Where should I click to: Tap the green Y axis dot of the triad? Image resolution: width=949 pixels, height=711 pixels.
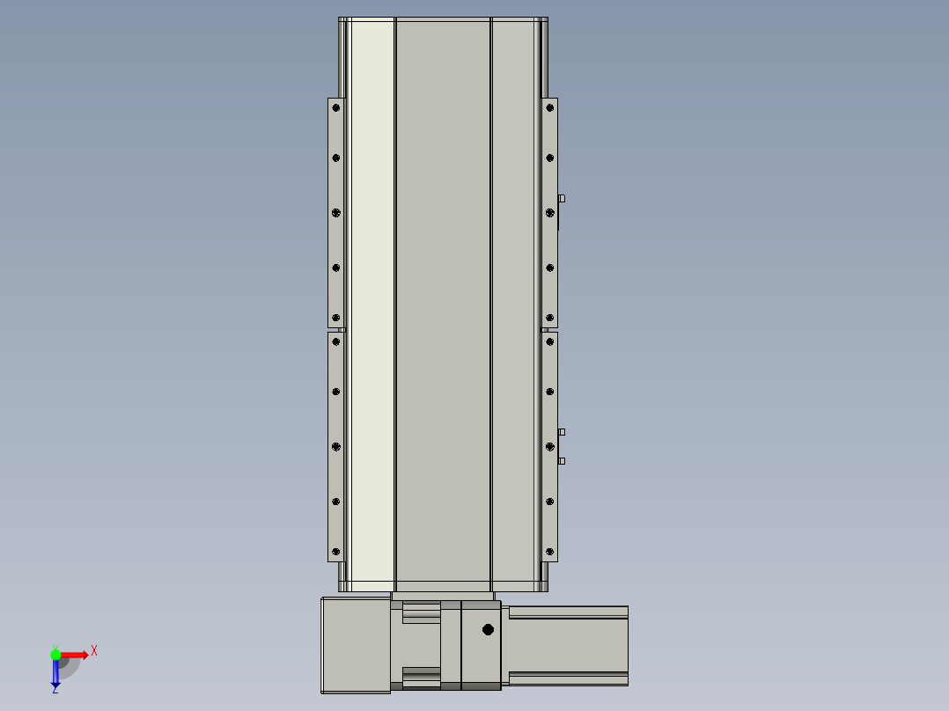55,655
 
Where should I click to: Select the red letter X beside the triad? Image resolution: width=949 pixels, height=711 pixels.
94,651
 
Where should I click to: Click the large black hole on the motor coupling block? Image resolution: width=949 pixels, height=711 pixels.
488,630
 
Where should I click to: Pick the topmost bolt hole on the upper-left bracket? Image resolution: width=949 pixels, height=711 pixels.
336,107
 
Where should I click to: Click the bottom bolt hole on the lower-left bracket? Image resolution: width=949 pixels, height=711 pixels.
336,551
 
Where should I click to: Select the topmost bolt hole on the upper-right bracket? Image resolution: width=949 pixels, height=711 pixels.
549,107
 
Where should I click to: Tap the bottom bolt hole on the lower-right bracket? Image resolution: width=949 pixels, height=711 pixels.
549,551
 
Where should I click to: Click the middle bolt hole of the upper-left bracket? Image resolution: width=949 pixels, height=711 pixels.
336,212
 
